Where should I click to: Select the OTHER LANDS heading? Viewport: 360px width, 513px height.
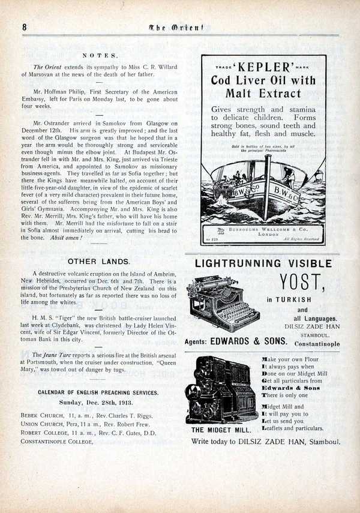99,262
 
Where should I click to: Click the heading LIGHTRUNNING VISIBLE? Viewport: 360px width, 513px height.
263,263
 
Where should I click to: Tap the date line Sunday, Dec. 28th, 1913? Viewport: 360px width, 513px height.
99,403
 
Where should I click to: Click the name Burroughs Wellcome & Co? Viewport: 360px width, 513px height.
264,229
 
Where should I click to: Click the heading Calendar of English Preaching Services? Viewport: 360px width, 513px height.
98,392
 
